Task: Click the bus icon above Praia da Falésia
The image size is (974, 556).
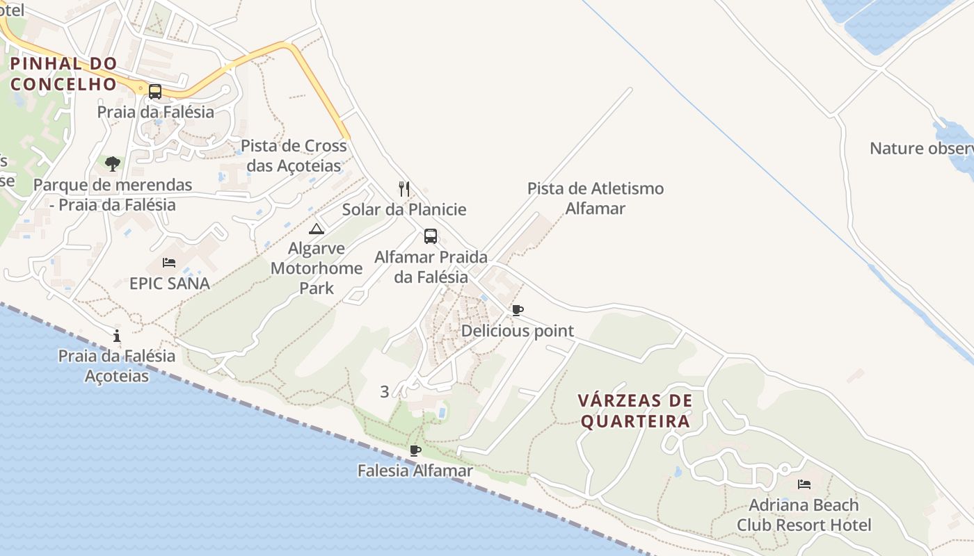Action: tap(154, 91)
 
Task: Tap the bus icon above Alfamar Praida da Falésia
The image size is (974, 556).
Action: tap(431, 236)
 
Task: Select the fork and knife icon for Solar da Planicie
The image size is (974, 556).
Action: tap(404, 188)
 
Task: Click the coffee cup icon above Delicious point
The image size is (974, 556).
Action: tap(517, 310)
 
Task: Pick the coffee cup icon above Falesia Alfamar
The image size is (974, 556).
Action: tap(415, 450)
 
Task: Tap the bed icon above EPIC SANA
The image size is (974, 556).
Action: tap(169, 263)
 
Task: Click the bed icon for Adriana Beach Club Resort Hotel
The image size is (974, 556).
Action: tap(804, 484)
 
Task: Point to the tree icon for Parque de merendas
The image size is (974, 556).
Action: tap(113, 164)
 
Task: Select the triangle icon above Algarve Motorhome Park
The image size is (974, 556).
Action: tap(317, 229)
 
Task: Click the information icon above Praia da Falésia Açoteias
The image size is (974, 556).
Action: tap(117, 336)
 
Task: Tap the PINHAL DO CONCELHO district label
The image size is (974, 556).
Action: tap(63, 74)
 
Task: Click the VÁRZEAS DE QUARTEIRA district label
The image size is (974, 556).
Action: tap(636, 411)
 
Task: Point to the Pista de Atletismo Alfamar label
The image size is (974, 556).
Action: tap(596, 198)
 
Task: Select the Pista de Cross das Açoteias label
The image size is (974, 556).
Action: tap(294, 156)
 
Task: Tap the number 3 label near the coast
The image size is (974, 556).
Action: tap(385, 391)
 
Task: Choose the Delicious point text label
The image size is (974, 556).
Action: tap(518, 331)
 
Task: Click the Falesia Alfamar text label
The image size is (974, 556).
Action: tap(415, 471)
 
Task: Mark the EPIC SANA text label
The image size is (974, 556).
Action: tap(170, 283)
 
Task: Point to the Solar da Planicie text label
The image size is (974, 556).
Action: tap(404, 209)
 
